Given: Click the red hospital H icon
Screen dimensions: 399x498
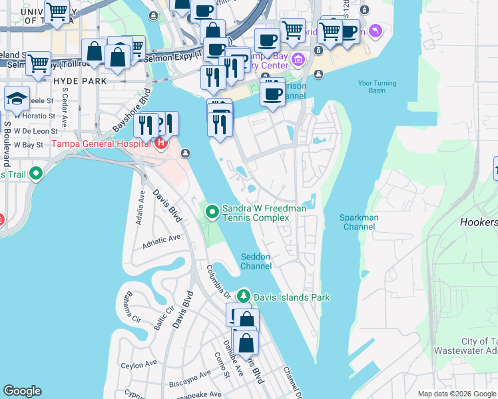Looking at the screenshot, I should [160, 142].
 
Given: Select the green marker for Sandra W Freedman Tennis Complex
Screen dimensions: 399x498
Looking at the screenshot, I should [212, 212].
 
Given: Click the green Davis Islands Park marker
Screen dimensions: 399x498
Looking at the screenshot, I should [244, 297].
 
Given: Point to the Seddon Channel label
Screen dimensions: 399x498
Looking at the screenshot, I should [256, 261].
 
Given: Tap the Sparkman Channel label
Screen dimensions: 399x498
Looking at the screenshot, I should [359, 222].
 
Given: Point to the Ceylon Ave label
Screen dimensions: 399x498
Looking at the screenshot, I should [138, 365].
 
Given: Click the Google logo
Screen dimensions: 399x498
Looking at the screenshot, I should [22, 391].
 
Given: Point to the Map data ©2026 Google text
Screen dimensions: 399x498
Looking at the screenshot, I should [456, 394].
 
